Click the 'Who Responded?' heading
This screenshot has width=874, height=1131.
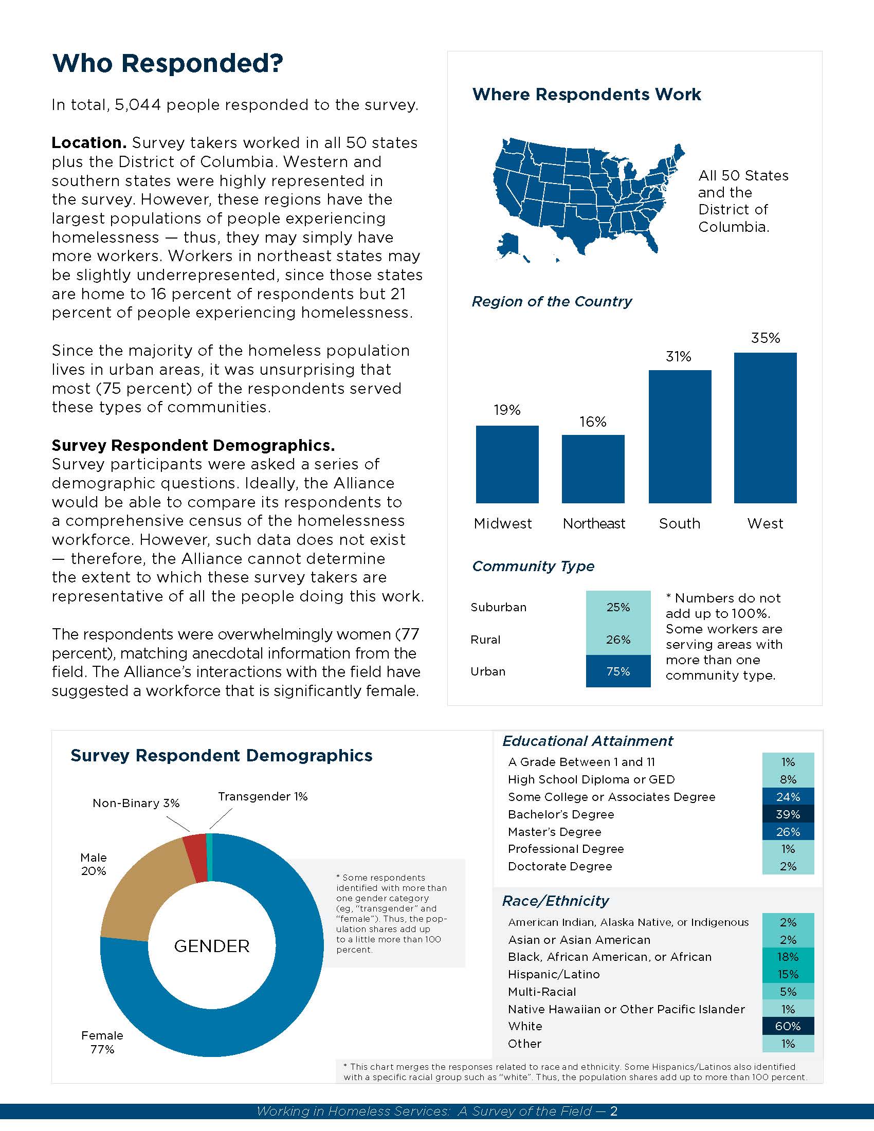click(x=167, y=63)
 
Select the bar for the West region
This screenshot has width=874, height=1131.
click(x=765, y=428)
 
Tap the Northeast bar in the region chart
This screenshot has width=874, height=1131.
click(x=593, y=469)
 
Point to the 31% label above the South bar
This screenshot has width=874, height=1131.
click(x=678, y=356)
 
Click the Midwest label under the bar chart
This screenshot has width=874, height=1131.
click(x=502, y=523)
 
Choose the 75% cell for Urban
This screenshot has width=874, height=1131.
click(x=617, y=671)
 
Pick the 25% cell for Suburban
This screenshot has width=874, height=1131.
click(x=617, y=607)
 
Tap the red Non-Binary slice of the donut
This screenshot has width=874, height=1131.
click(x=196, y=858)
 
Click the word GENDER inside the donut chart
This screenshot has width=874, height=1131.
click(x=212, y=946)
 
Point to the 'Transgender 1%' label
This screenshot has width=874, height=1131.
click(x=263, y=796)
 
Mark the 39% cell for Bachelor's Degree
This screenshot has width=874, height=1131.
click(x=788, y=814)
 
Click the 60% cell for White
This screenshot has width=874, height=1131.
click(x=788, y=1026)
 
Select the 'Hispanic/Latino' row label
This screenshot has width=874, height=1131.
click(x=554, y=974)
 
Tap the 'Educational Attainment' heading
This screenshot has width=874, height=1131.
click(x=587, y=741)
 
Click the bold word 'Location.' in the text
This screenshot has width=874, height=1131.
click(x=88, y=142)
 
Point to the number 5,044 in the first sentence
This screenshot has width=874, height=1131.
click(x=138, y=105)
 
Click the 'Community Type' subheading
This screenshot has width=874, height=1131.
click(x=533, y=566)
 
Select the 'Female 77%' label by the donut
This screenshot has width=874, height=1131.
click(x=102, y=1042)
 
